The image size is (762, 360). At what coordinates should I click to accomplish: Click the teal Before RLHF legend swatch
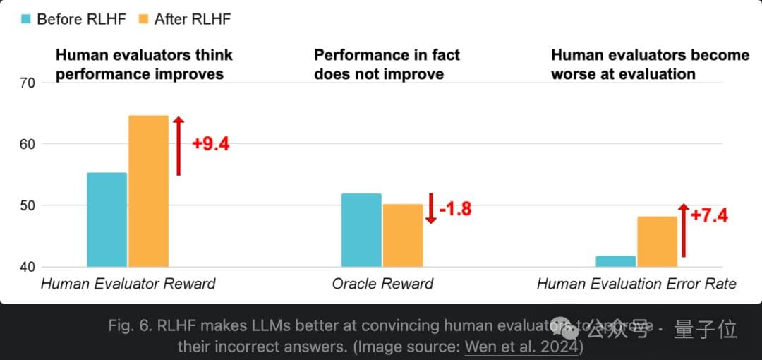(26, 19)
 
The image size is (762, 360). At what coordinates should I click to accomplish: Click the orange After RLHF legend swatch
(144, 19)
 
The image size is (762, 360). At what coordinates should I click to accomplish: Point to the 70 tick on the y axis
(28, 83)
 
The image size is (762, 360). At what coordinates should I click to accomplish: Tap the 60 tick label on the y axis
(28, 144)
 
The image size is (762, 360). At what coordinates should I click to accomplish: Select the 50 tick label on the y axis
(28, 205)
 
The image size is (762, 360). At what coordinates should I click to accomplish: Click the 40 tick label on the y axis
(28, 267)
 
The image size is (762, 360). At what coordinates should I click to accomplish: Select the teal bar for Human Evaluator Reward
(107, 220)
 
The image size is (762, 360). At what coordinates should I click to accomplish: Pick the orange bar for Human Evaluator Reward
(148, 191)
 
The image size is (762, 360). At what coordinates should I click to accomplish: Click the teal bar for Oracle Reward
(361, 230)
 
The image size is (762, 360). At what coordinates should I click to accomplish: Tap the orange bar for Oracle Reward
(403, 236)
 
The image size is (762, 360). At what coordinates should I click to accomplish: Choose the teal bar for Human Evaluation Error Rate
(615, 261)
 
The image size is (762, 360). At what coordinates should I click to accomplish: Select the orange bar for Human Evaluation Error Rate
(657, 241)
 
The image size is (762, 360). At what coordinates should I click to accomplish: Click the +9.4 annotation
(210, 144)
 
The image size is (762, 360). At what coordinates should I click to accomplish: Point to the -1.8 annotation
(455, 209)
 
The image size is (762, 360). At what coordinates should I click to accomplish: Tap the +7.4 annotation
(708, 215)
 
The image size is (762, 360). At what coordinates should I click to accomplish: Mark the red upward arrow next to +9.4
(179, 145)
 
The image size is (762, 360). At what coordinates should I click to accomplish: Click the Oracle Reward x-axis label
(382, 284)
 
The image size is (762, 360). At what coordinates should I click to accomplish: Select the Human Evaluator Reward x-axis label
(128, 284)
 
